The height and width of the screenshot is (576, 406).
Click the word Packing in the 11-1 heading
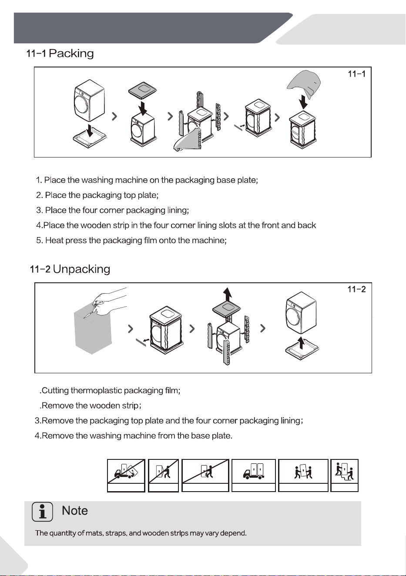(x=71, y=54)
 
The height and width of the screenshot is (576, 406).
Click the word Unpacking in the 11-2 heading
(x=81, y=269)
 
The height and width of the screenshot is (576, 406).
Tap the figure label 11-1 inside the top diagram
(x=356, y=74)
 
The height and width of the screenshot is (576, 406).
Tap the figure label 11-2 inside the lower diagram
(x=356, y=289)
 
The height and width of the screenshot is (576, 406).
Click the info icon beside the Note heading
(x=42, y=512)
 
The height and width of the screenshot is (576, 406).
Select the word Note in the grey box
(x=74, y=510)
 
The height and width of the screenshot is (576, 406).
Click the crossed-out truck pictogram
(x=126, y=471)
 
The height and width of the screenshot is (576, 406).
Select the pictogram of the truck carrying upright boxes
(x=253, y=471)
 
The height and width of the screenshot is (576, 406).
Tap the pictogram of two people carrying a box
(x=303, y=471)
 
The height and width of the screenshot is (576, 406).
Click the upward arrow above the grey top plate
(x=227, y=294)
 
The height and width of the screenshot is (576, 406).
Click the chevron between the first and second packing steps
(x=115, y=117)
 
